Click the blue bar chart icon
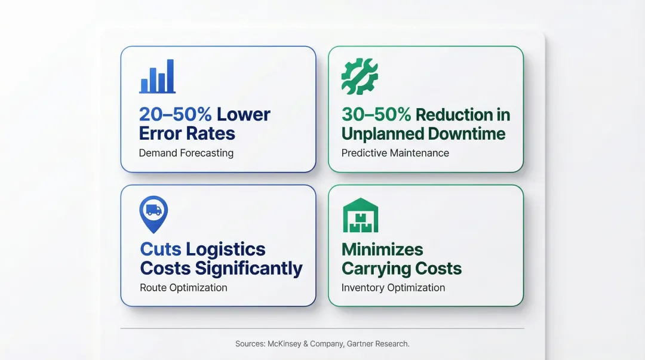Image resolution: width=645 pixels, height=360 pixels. (157, 76)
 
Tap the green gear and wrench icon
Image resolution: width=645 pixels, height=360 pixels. (359, 76)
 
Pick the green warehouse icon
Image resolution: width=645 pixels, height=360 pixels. (360, 216)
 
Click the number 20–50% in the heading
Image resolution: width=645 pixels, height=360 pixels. (175, 114)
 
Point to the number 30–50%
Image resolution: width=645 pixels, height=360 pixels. (376, 114)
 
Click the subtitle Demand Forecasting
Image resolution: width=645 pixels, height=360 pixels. (186, 153)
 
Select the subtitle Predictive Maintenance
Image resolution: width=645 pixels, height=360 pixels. (395, 153)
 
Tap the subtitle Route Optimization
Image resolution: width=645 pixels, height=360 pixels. (183, 287)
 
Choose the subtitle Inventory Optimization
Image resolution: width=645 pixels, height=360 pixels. (393, 287)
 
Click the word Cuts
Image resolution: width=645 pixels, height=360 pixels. (161, 249)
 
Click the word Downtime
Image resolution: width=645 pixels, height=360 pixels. (468, 133)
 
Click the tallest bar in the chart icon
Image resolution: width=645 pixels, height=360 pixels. (170, 75)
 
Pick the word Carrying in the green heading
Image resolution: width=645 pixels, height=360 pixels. (372, 269)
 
